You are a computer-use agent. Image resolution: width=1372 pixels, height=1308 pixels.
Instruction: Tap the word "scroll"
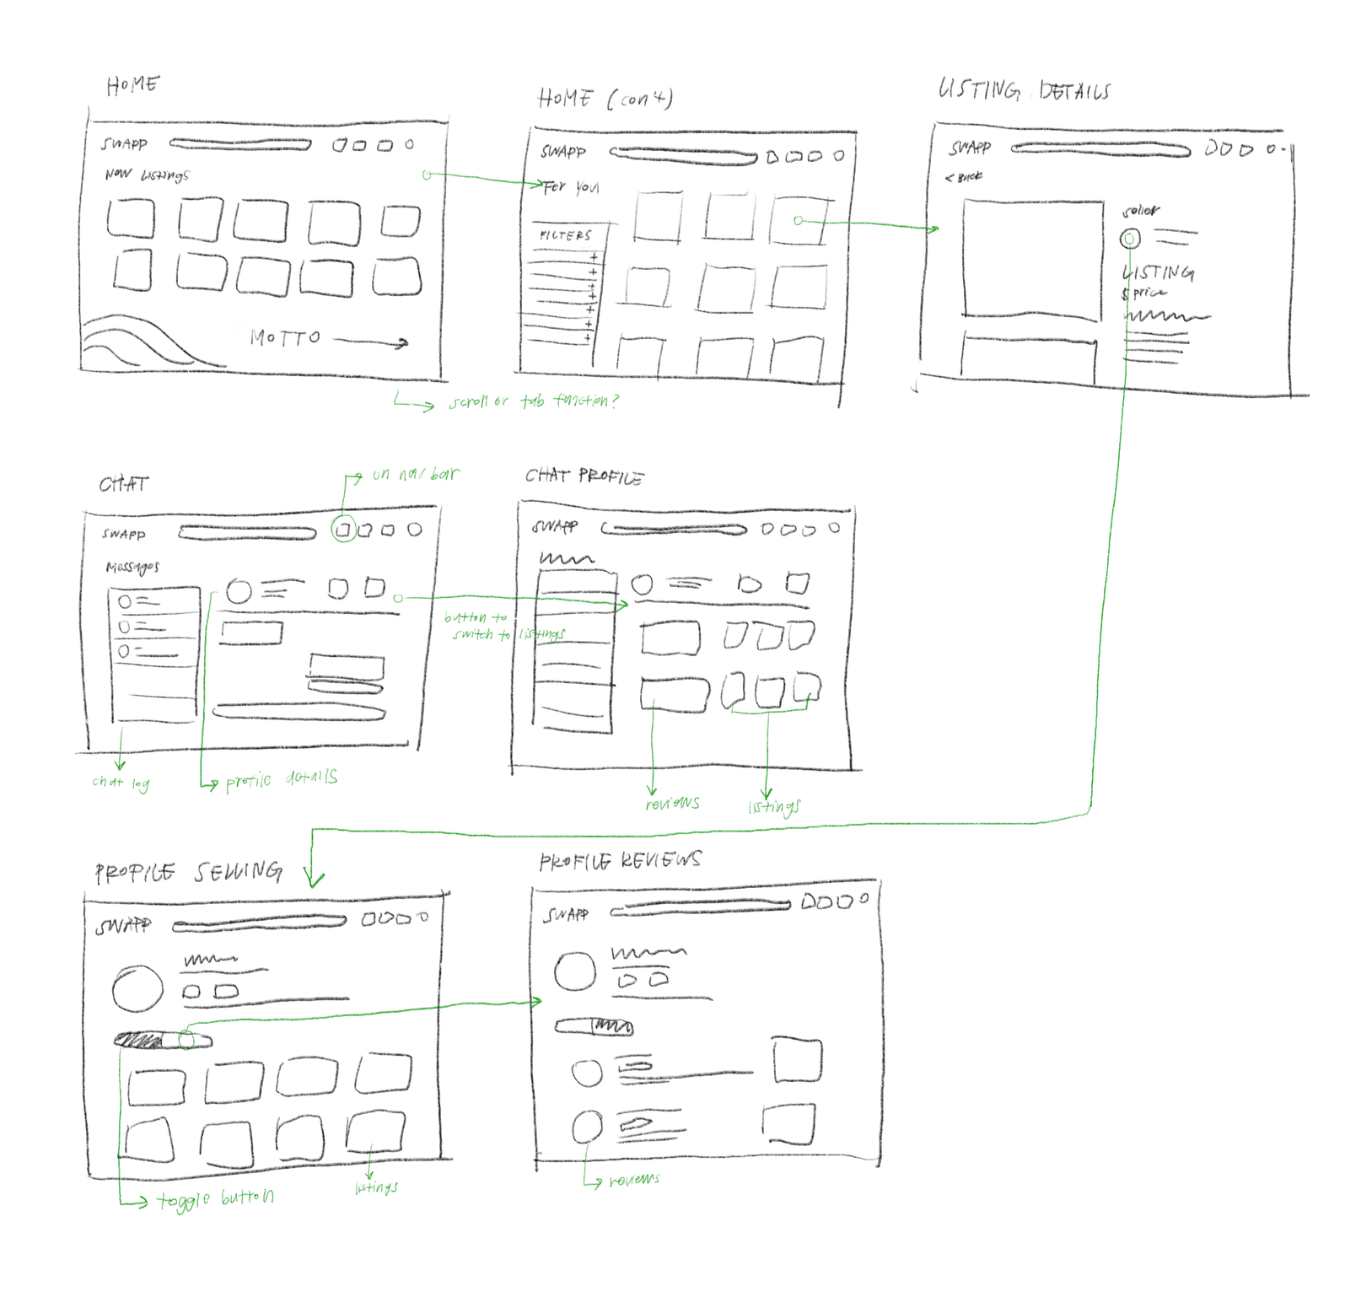click(x=468, y=402)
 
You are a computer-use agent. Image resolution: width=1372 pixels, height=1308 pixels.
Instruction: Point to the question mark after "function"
click(x=615, y=401)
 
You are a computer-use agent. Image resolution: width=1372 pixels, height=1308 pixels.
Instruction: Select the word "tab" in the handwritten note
click(x=532, y=401)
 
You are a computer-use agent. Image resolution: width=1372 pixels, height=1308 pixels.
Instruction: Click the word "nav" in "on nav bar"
click(x=412, y=475)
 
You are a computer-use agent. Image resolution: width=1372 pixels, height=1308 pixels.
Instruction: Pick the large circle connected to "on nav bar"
click(x=344, y=529)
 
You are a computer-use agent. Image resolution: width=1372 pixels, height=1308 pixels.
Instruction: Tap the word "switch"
click(x=472, y=634)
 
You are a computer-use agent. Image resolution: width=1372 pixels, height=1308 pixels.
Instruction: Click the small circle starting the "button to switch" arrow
click(x=398, y=599)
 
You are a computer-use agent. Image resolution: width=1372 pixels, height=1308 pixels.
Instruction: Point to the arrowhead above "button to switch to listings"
click(x=623, y=605)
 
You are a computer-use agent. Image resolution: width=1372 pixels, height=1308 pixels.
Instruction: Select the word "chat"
click(x=107, y=783)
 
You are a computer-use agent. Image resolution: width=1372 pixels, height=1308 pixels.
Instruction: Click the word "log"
click(x=141, y=784)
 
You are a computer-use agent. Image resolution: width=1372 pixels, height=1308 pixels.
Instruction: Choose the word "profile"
click(x=249, y=782)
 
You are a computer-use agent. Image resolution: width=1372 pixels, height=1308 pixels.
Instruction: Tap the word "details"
click(x=311, y=778)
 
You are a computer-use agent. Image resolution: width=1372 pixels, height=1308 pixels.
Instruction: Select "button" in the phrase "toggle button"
click(x=248, y=1198)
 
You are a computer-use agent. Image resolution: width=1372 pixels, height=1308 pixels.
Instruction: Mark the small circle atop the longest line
click(x=1129, y=240)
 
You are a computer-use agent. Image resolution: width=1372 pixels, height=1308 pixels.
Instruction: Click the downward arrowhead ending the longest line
click(x=314, y=881)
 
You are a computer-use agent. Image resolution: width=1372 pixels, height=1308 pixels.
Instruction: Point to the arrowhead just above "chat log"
click(x=120, y=765)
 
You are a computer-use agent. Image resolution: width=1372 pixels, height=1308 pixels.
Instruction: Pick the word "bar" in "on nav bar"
click(x=444, y=474)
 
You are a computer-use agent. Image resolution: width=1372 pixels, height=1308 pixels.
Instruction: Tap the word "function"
click(x=581, y=400)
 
